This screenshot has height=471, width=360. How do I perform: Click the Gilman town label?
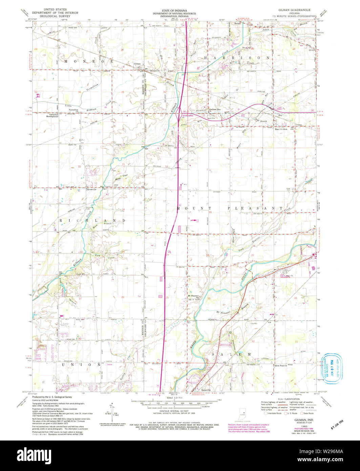point(137,64)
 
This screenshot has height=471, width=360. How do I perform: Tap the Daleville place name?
point(204,390)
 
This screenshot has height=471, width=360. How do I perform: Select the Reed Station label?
point(281,129)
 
